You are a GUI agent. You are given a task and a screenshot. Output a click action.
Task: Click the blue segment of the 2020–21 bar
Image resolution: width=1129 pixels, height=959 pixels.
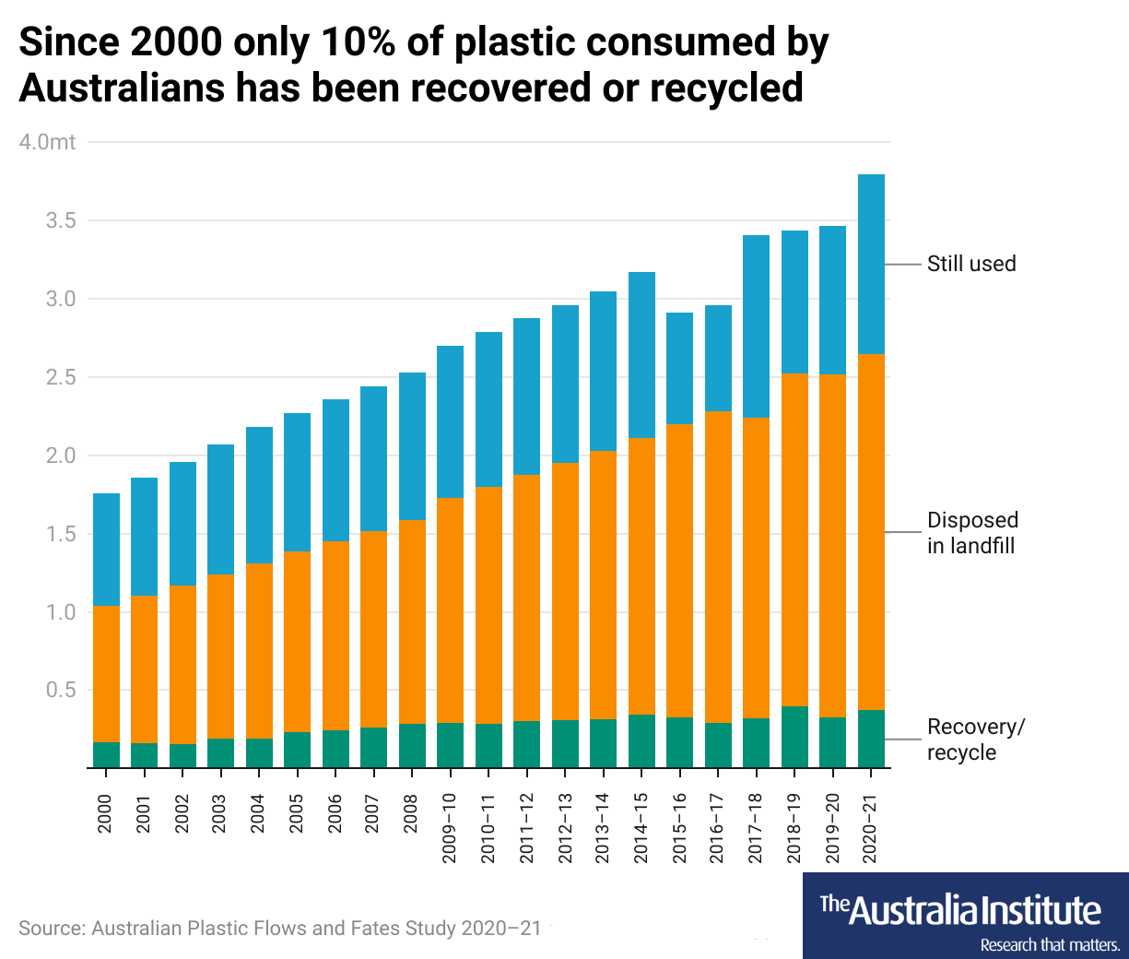pyautogui.click(x=871, y=264)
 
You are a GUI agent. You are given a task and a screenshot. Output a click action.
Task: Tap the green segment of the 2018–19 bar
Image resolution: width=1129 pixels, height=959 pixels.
pyautogui.click(x=794, y=737)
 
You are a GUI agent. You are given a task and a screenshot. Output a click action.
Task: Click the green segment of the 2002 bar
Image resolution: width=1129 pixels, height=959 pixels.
pyautogui.click(x=182, y=755)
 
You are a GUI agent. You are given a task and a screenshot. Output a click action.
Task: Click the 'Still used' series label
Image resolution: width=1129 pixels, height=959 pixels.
pyautogui.click(x=970, y=264)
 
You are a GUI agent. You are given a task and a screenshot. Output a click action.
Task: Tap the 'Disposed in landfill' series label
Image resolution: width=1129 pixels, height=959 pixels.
pyautogui.click(x=971, y=533)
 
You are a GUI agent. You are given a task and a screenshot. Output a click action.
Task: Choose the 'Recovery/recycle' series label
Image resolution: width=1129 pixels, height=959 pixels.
pyautogui.click(x=975, y=740)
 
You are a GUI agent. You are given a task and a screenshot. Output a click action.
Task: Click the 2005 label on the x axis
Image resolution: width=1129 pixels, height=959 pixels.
pyautogui.click(x=297, y=813)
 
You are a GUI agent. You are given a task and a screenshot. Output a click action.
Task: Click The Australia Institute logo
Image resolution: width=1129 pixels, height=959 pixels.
pyautogui.click(x=965, y=916)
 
